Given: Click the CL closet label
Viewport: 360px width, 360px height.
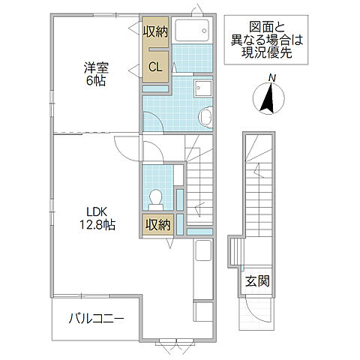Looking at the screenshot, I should pyautogui.click(x=154, y=67).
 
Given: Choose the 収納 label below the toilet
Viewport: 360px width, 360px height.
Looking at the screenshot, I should pyautogui.click(x=157, y=223).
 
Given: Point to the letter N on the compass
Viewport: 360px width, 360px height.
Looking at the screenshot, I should pyautogui.click(x=273, y=78).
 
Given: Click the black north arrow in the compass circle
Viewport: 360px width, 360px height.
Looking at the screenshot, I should pyautogui.click(x=268, y=98).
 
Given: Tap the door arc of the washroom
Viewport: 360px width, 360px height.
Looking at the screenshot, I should pyautogui.click(x=153, y=121).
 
